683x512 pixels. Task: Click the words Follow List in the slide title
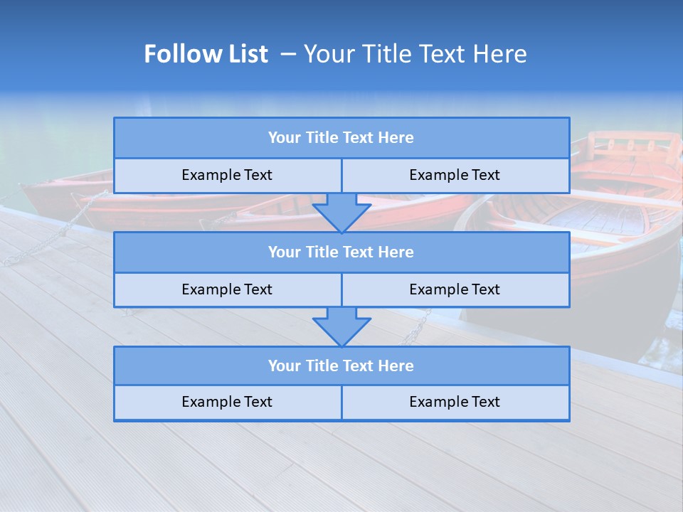pos(206,54)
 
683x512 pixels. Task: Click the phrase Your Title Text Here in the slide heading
pos(415,54)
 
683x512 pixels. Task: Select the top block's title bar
pos(341,138)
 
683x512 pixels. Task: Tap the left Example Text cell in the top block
pos(227,175)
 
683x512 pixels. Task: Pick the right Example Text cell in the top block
pos(455,175)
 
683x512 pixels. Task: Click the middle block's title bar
pos(341,252)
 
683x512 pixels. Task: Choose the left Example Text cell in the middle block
pos(227,289)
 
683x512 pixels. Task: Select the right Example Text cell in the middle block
pos(455,289)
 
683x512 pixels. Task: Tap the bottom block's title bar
pos(341,366)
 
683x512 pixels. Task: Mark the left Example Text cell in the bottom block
pos(227,402)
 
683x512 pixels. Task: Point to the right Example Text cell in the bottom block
pos(455,402)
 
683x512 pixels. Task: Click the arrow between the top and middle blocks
pos(341,212)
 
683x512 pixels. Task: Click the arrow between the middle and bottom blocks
pos(341,326)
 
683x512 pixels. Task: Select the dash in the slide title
pos(288,54)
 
